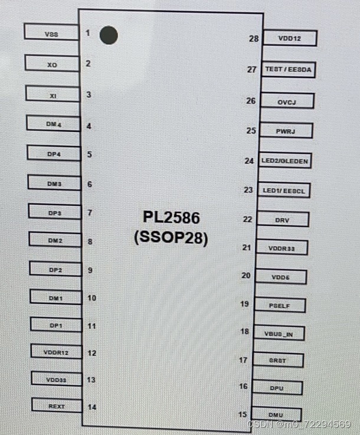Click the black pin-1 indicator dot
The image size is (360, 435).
point(109,35)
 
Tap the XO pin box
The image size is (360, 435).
point(52,64)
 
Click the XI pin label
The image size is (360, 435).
point(53,94)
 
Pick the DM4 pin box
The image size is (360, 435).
point(54,124)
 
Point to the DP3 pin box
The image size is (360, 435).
point(54,212)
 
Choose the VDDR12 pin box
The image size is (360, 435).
point(56,352)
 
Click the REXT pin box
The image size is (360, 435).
point(57,406)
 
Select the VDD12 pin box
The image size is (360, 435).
point(290,38)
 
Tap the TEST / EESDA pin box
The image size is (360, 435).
point(289,70)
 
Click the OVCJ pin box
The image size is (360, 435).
point(287,102)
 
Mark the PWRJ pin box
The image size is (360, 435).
point(286,130)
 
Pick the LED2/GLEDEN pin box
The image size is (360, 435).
point(285,160)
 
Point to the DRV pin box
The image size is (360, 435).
point(282,220)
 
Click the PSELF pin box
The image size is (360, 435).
point(279,305)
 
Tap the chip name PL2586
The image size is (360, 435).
point(171,218)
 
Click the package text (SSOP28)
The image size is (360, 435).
point(171,239)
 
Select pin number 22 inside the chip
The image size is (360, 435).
point(247,220)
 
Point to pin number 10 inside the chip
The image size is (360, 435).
point(91,297)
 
